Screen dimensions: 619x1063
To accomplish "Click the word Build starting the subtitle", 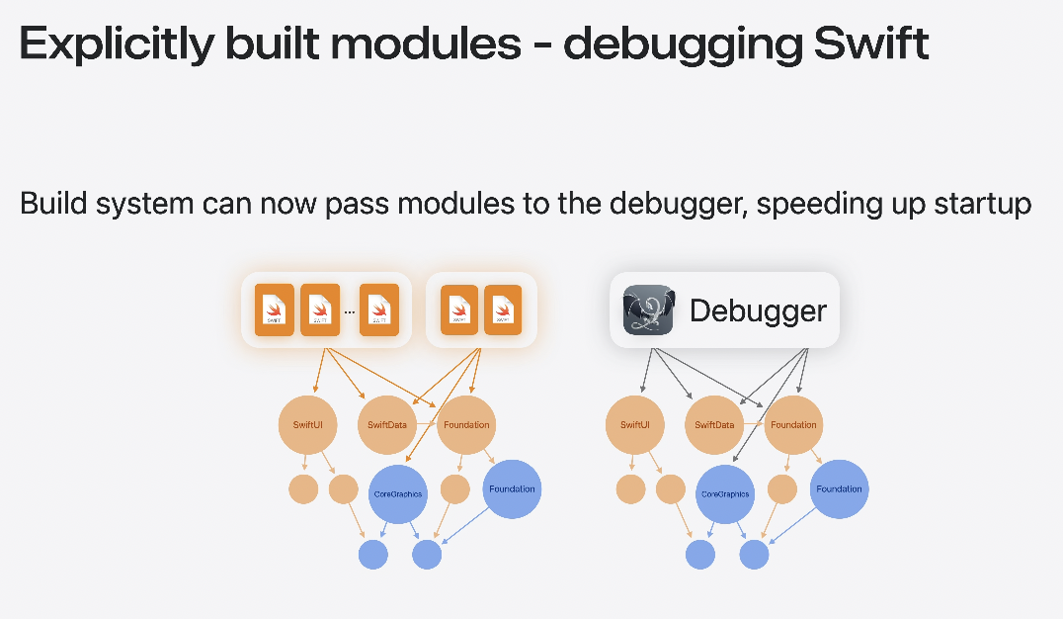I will coord(55,205).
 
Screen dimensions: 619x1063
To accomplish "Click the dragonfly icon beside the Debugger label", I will coord(649,310).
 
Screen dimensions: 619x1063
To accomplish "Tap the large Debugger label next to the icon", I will coord(758,310).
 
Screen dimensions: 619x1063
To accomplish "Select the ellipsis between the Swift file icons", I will coord(350,310).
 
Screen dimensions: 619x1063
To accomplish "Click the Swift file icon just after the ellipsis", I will coord(379,310).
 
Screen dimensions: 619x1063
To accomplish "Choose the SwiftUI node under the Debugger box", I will coord(634,425).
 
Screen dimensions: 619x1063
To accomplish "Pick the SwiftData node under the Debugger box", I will coord(714,425).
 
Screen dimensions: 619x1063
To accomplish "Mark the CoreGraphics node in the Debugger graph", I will coord(725,493).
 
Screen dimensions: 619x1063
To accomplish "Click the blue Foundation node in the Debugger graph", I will coord(839,488).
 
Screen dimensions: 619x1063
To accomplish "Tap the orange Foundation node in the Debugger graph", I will coord(793,425).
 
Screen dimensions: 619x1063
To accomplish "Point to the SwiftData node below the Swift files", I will coord(387,425).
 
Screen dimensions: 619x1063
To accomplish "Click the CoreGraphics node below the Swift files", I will coord(397,493).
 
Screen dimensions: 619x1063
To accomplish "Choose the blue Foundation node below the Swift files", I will coord(512,488).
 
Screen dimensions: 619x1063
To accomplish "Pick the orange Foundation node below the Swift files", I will coord(466,425).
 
